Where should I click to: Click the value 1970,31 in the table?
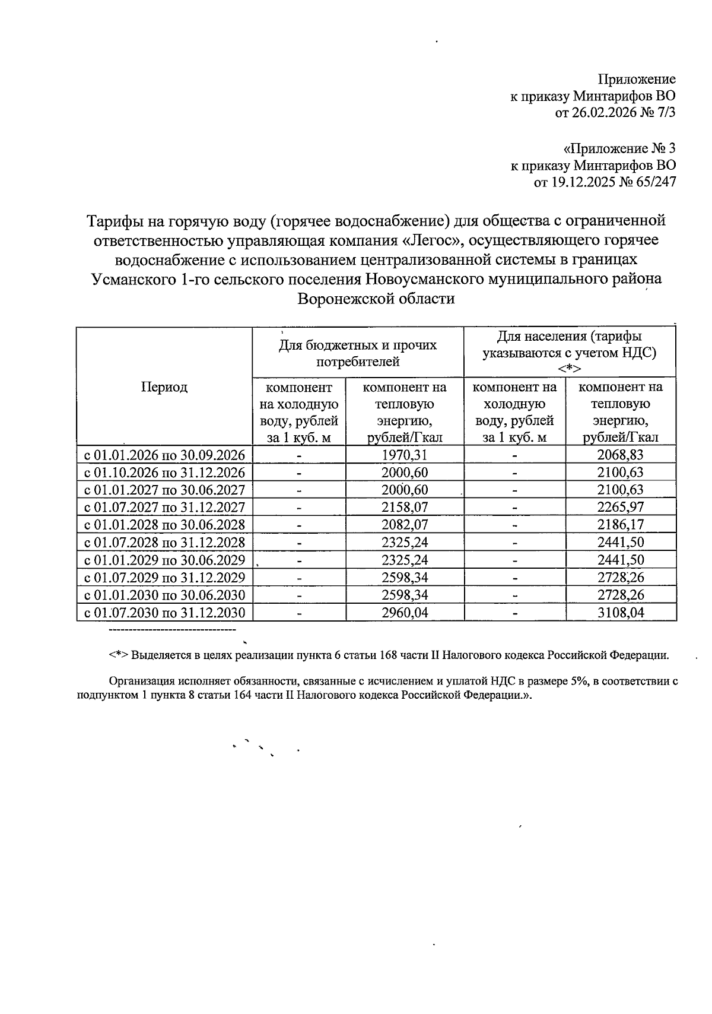(x=405, y=455)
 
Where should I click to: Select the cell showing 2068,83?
(x=621, y=455)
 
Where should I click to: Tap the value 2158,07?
(x=405, y=508)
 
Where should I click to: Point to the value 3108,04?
(x=621, y=613)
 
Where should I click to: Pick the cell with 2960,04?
(x=405, y=613)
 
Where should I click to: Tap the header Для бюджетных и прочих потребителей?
(x=358, y=353)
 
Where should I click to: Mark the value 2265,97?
(x=621, y=508)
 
